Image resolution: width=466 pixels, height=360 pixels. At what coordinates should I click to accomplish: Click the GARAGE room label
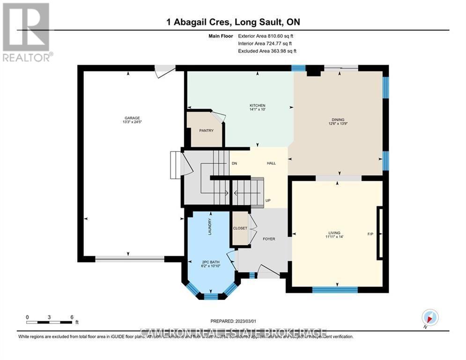tap(133, 118)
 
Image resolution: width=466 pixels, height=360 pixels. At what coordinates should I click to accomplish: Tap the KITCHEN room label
tap(257, 105)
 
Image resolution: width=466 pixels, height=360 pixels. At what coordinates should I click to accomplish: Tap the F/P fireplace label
tap(370, 233)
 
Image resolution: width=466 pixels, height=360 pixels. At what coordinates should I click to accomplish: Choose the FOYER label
tap(268, 239)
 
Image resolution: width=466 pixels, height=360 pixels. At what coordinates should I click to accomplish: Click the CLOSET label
tap(240, 228)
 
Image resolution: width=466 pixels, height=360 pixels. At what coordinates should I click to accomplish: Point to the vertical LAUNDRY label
tap(210, 227)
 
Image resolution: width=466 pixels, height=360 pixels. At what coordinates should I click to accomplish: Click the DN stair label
tap(235, 164)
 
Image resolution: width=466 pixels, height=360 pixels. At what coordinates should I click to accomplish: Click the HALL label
tap(271, 164)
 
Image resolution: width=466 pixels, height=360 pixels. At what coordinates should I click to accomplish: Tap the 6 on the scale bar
tap(72, 316)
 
